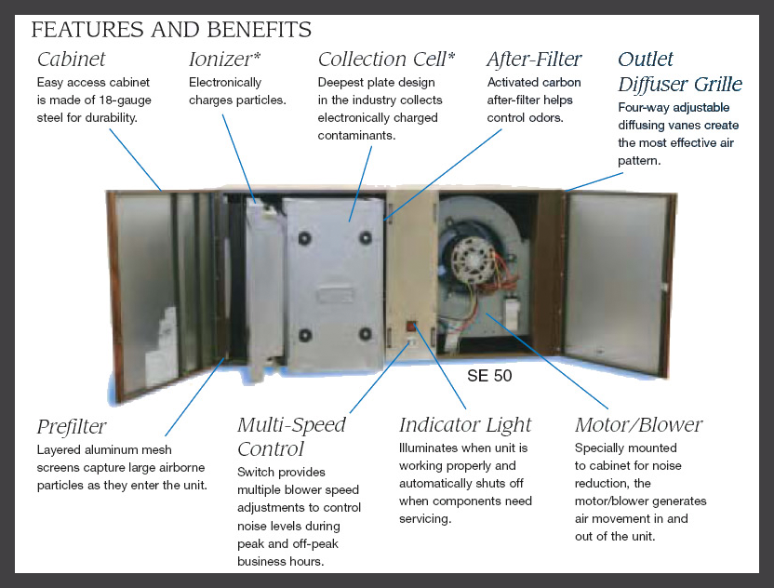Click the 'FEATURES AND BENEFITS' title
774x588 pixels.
click(171, 30)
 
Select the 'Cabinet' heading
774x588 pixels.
click(71, 60)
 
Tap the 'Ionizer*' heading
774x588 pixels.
click(224, 60)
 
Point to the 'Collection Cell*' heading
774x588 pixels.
click(386, 60)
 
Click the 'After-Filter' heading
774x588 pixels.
click(535, 60)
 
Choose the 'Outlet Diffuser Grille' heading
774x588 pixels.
click(680, 72)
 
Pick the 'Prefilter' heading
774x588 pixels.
click(72, 426)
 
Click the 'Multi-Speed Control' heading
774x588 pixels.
click(291, 436)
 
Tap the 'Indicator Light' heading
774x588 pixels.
click(465, 424)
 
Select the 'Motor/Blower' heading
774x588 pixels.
click(639, 424)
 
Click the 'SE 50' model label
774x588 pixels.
click(489, 376)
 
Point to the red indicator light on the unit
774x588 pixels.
click(411, 327)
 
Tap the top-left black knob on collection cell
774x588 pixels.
click(304, 239)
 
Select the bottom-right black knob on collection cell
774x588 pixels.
click(366, 334)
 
